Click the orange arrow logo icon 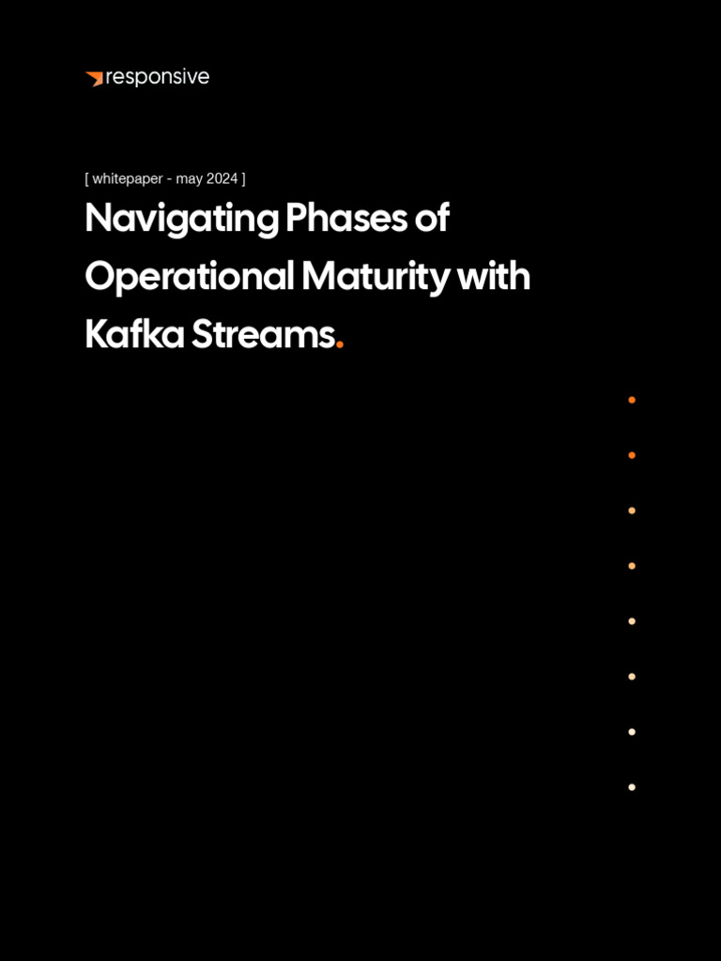[x=95, y=79]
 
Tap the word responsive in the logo [x=158, y=78]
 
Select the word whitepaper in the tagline [x=128, y=179]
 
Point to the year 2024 [x=222, y=179]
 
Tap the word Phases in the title [x=346, y=218]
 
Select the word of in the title [x=432, y=218]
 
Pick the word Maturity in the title [x=376, y=278]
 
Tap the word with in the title [x=494, y=277]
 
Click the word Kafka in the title [x=135, y=335]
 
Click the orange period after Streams [x=340, y=346]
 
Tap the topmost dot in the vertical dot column [x=632, y=400]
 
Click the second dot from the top [x=632, y=455]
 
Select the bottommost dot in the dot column [x=632, y=787]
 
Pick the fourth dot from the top [x=632, y=566]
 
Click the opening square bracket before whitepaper [x=87, y=179]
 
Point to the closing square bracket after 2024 [x=243, y=179]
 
